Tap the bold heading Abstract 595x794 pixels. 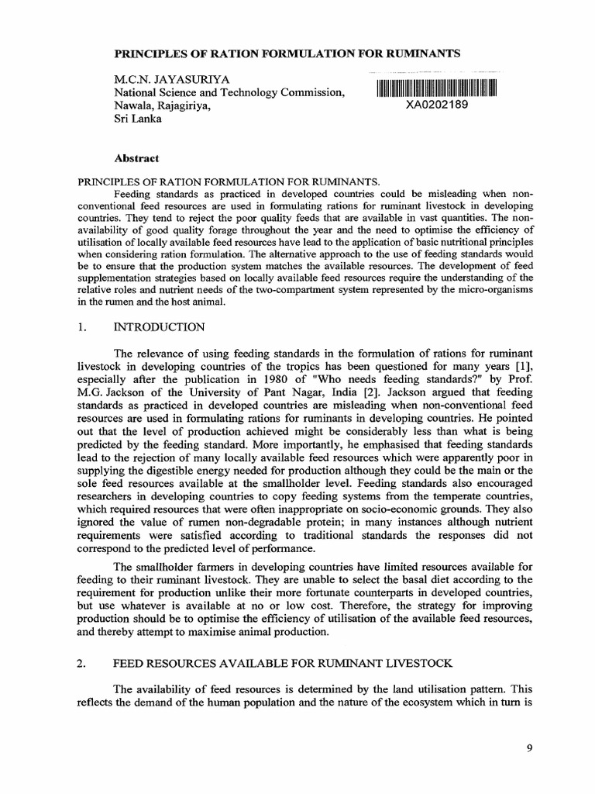coord(136,158)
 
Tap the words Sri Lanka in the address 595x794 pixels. coord(138,120)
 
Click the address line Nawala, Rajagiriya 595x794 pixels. coord(162,107)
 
